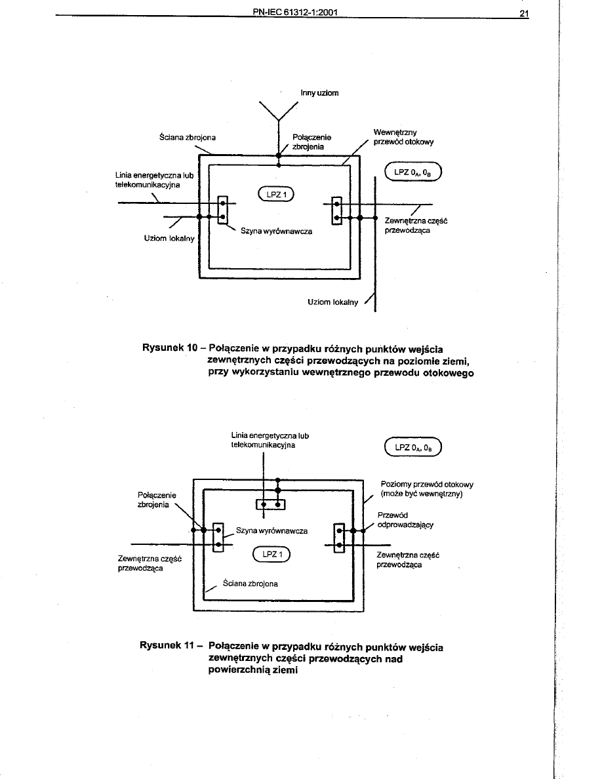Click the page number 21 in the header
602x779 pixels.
(523, 12)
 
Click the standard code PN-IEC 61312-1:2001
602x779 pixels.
(294, 12)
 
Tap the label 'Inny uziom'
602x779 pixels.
(319, 93)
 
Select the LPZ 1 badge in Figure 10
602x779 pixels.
(277, 193)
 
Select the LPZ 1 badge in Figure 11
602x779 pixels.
(271, 555)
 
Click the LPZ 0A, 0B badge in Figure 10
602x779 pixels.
(414, 173)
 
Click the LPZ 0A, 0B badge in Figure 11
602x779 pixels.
(414, 449)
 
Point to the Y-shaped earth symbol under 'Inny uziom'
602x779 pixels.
(278, 111)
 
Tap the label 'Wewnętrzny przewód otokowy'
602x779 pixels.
(403, 136)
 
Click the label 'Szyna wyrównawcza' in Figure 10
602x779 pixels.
(276, 231)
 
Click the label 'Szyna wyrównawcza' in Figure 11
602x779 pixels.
(271, 530)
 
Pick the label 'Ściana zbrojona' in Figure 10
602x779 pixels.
(188, 138)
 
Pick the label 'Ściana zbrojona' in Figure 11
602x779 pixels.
(250, 583)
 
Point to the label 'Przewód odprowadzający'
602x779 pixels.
(405, 519)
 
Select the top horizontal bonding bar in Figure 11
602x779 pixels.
(271, 504)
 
